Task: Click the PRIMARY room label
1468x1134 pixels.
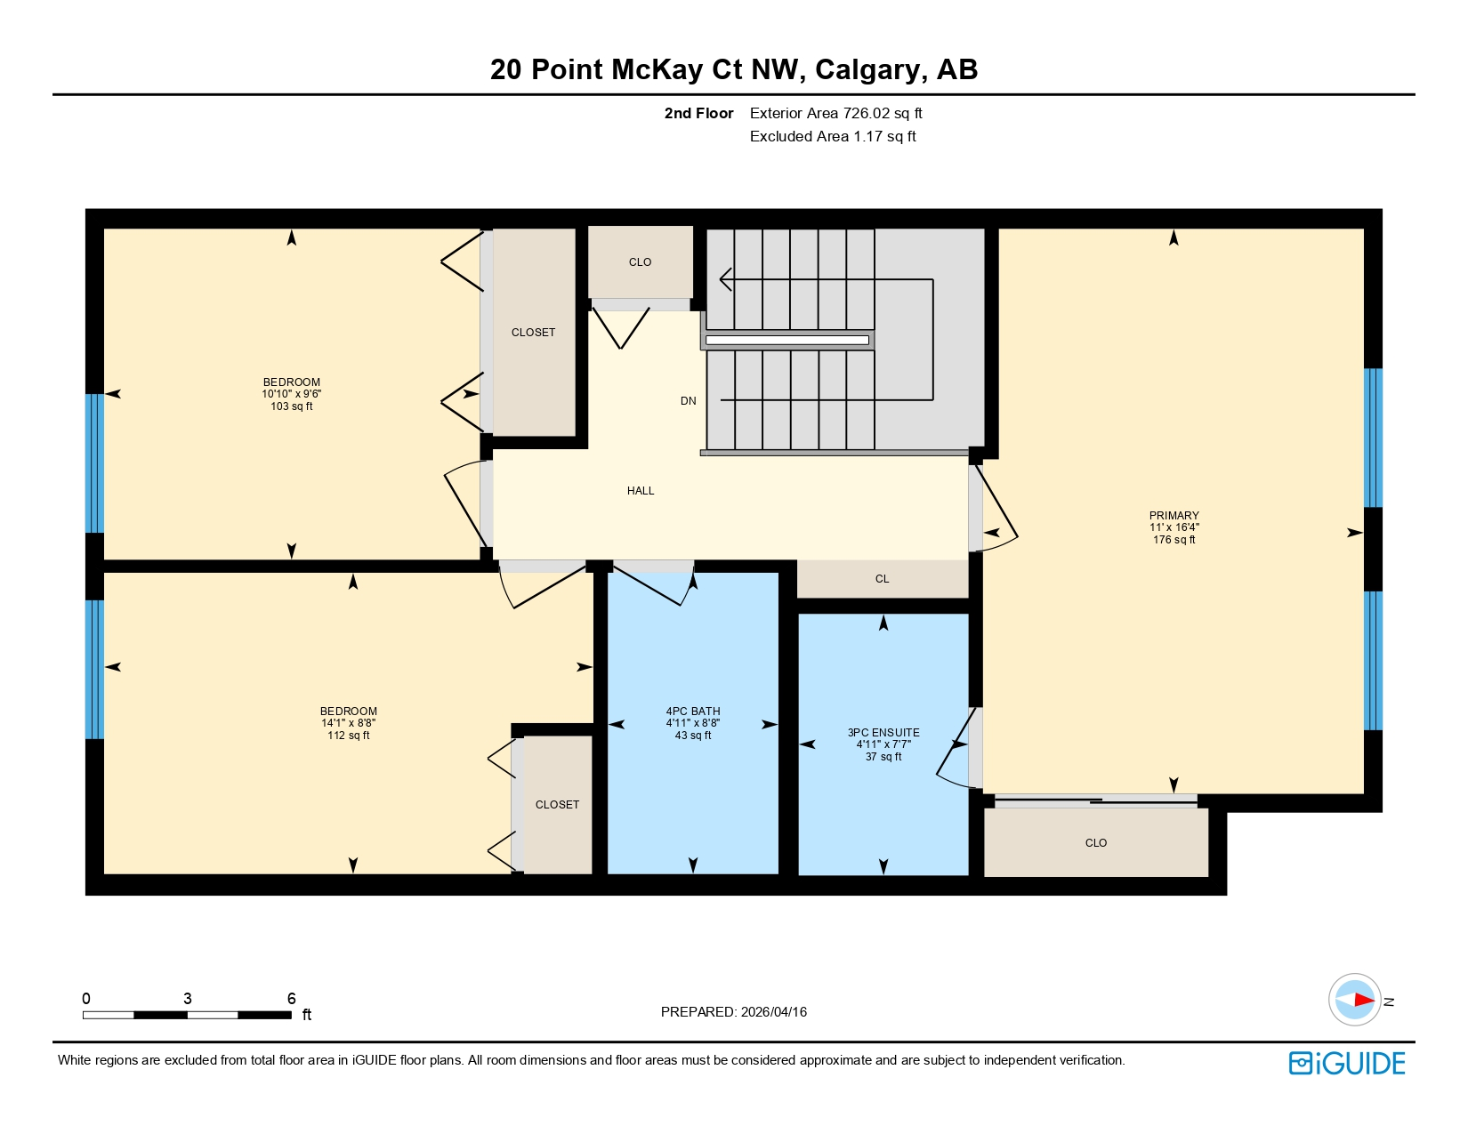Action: tap(1174, 515)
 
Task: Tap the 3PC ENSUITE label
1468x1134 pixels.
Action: tap(883, 733)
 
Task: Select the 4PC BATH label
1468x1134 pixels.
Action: tap(692, 712)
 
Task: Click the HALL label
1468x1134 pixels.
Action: tap(640, 491)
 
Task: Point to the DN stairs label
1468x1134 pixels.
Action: tap(688, 401)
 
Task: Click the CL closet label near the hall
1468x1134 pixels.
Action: tap(882, 579)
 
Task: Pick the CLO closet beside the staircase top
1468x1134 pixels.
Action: tap(640, 262)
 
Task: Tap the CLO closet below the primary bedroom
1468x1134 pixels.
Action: tap(1095, 843)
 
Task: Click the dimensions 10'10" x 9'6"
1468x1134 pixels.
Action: tap(291, 394)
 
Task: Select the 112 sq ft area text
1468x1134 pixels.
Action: tap(348, 736)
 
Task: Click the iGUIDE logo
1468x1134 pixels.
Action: tap(1346, 1063)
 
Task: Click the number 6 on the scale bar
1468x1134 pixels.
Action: tap(291, 999)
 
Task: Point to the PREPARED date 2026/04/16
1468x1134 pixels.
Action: tap(733, 1012)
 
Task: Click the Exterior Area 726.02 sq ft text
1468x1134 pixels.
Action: tap(835, 113)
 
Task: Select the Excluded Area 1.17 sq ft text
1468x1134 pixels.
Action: tap(832, 136)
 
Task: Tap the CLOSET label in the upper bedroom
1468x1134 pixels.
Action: tap(533, 333)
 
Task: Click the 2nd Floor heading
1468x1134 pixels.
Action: tap(698, 113)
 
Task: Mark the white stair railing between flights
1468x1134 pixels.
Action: tap(786, 340)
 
